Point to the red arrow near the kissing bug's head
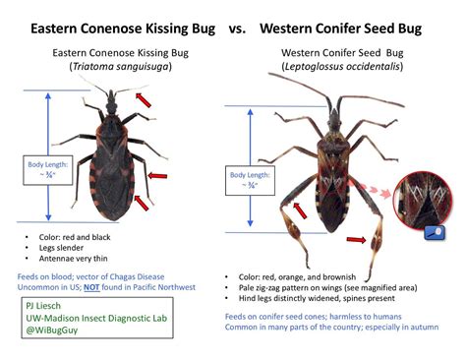(x=145, y=100)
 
